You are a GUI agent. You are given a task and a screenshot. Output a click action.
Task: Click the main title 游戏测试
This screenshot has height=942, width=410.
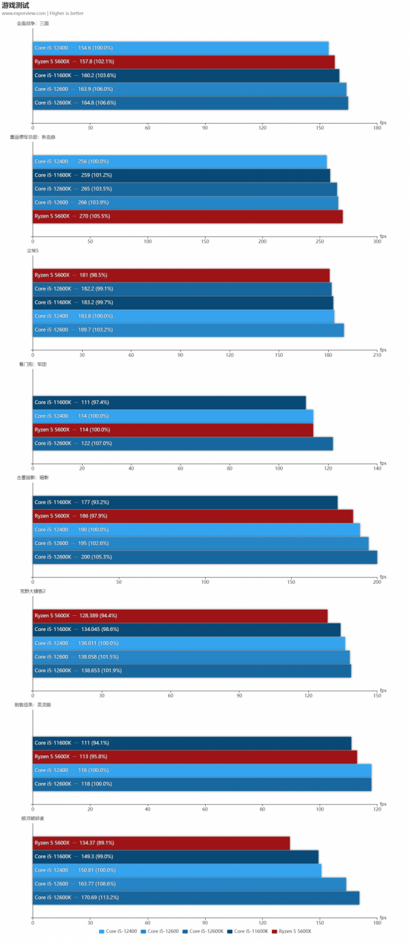15,5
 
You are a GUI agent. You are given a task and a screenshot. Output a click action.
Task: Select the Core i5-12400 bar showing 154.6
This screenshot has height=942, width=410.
180,48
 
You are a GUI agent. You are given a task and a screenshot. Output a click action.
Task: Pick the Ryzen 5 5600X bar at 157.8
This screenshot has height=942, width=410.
184,62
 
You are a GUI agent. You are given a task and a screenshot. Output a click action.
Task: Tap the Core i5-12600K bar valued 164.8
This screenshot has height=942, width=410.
191,103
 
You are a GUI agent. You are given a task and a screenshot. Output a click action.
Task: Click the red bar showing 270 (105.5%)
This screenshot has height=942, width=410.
188,216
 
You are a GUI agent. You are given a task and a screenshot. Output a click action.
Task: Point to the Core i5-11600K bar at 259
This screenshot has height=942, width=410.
181,175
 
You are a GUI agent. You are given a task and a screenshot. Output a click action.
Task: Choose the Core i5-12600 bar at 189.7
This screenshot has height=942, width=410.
188,329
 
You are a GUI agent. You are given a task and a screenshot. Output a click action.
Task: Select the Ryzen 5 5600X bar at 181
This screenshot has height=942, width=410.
181,275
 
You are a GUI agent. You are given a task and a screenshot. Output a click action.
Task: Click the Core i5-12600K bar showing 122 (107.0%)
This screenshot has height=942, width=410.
182,443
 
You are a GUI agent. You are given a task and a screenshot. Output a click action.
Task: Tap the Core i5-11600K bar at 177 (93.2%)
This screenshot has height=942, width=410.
185,502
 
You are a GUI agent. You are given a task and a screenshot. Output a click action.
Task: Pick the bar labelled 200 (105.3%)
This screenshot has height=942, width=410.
205,556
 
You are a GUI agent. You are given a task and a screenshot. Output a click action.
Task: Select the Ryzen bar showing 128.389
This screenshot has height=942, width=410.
180,615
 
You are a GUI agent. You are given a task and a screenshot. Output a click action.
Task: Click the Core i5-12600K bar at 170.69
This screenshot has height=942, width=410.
196,897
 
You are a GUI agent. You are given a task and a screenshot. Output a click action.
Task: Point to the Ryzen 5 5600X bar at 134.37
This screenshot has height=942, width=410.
161,842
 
